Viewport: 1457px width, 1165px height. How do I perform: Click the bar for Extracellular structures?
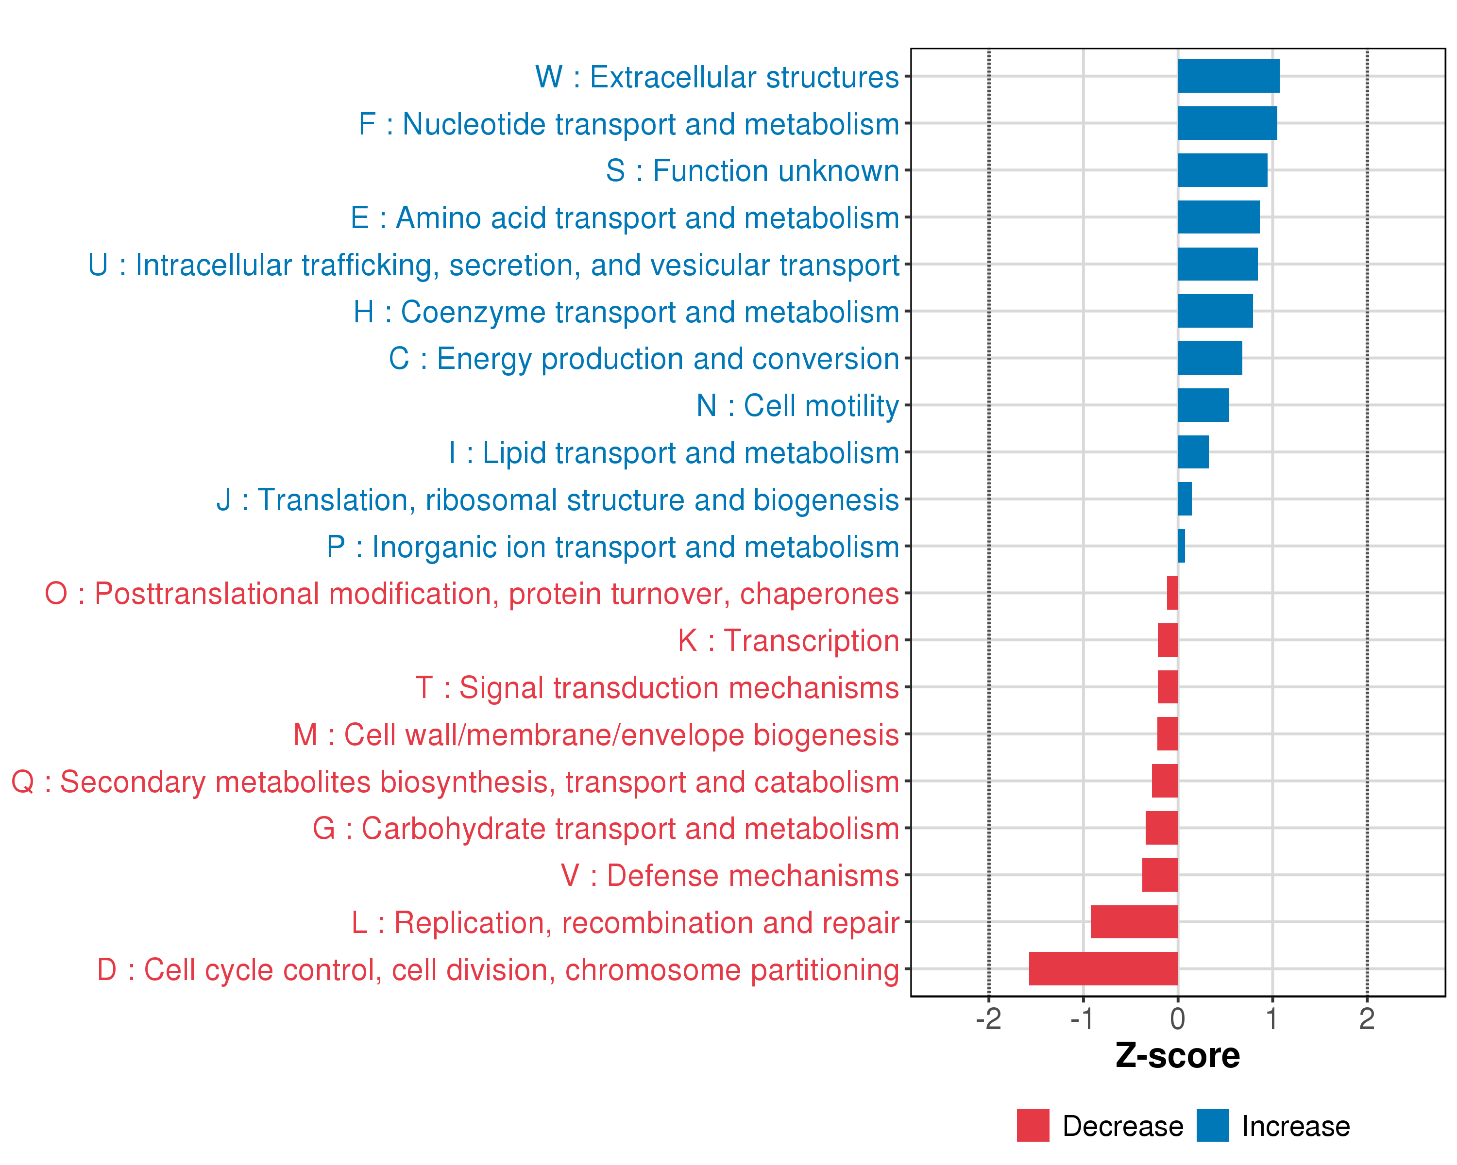pyautogui.click(x=1228, y=76)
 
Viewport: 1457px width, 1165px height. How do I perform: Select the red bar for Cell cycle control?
pyautogui.click(x=1103, y=968)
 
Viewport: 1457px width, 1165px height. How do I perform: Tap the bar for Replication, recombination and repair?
pyautogui.click(x=1134, y=922)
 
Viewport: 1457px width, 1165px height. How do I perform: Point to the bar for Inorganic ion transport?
pyautogui.click(x=1181, y=546)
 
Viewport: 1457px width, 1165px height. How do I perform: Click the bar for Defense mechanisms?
pyautogui.click(x=1160, y=875)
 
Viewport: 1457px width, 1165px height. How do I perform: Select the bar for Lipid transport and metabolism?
pyautogui.click(x=1193, y=452)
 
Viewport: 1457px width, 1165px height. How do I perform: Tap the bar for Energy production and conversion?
pyautogui.click(x=1210, y=358)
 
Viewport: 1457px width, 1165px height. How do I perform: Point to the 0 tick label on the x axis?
pyautogui.click(x=1178, y=1019)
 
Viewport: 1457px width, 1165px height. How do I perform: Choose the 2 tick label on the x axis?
pyautogui.click(x=1367, y=1019)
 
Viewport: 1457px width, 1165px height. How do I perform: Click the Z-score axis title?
pyautogui.click(x=1177, y=1056)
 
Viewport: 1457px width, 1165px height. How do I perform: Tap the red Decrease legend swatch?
pyautogui.click(x=1033, y=1126)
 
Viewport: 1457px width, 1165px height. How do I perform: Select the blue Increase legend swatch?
pyautogui.click(x=1212, y=1126)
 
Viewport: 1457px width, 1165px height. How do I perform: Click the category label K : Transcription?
pyautogui.click(x=788, y=641)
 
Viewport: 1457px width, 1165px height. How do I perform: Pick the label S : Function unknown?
pyautogui.click(x=752, y=171)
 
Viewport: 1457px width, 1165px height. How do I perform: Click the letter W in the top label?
pyautogui.click(x=549, y=78)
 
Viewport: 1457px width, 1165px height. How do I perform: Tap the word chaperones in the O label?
pyautogui.click(x=819, y=594)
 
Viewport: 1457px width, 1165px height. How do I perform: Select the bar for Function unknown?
pyautogui.click(x=1222, y=170)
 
